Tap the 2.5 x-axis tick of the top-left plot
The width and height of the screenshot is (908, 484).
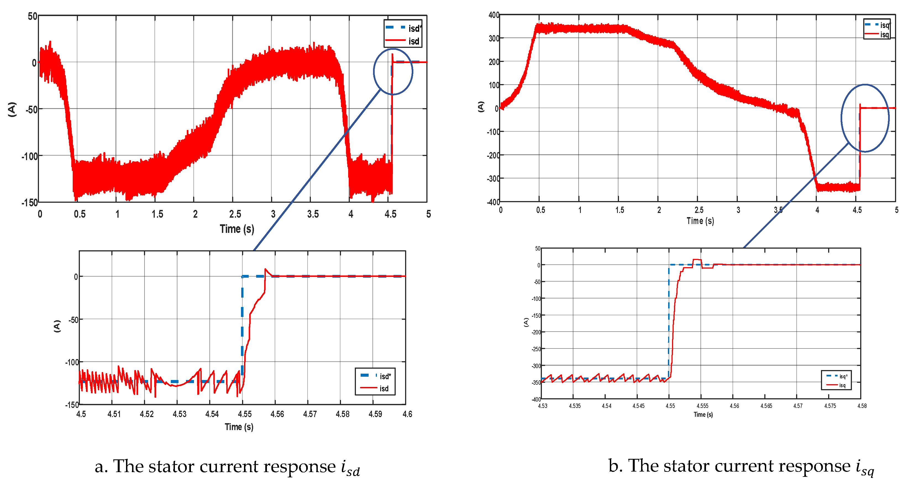tap(235, 214)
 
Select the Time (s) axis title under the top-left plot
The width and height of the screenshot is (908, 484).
tap(237, 229)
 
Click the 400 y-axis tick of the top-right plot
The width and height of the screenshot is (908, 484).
tap(494, 15)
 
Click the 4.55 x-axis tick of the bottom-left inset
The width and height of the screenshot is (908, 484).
tap(245, 414)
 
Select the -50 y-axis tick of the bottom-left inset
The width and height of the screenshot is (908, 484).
tap(73, 320)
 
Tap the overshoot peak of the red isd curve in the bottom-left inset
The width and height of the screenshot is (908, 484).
tap(266, 269)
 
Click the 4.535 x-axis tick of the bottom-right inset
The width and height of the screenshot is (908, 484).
tap(574, 406)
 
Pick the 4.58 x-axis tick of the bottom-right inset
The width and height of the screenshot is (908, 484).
tap(862, 406)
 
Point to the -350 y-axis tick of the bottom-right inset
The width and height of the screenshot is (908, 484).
tap(536, 383)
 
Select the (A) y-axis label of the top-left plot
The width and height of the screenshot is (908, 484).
tap(12, 109)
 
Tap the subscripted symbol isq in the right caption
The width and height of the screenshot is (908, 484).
tap(865, 467)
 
